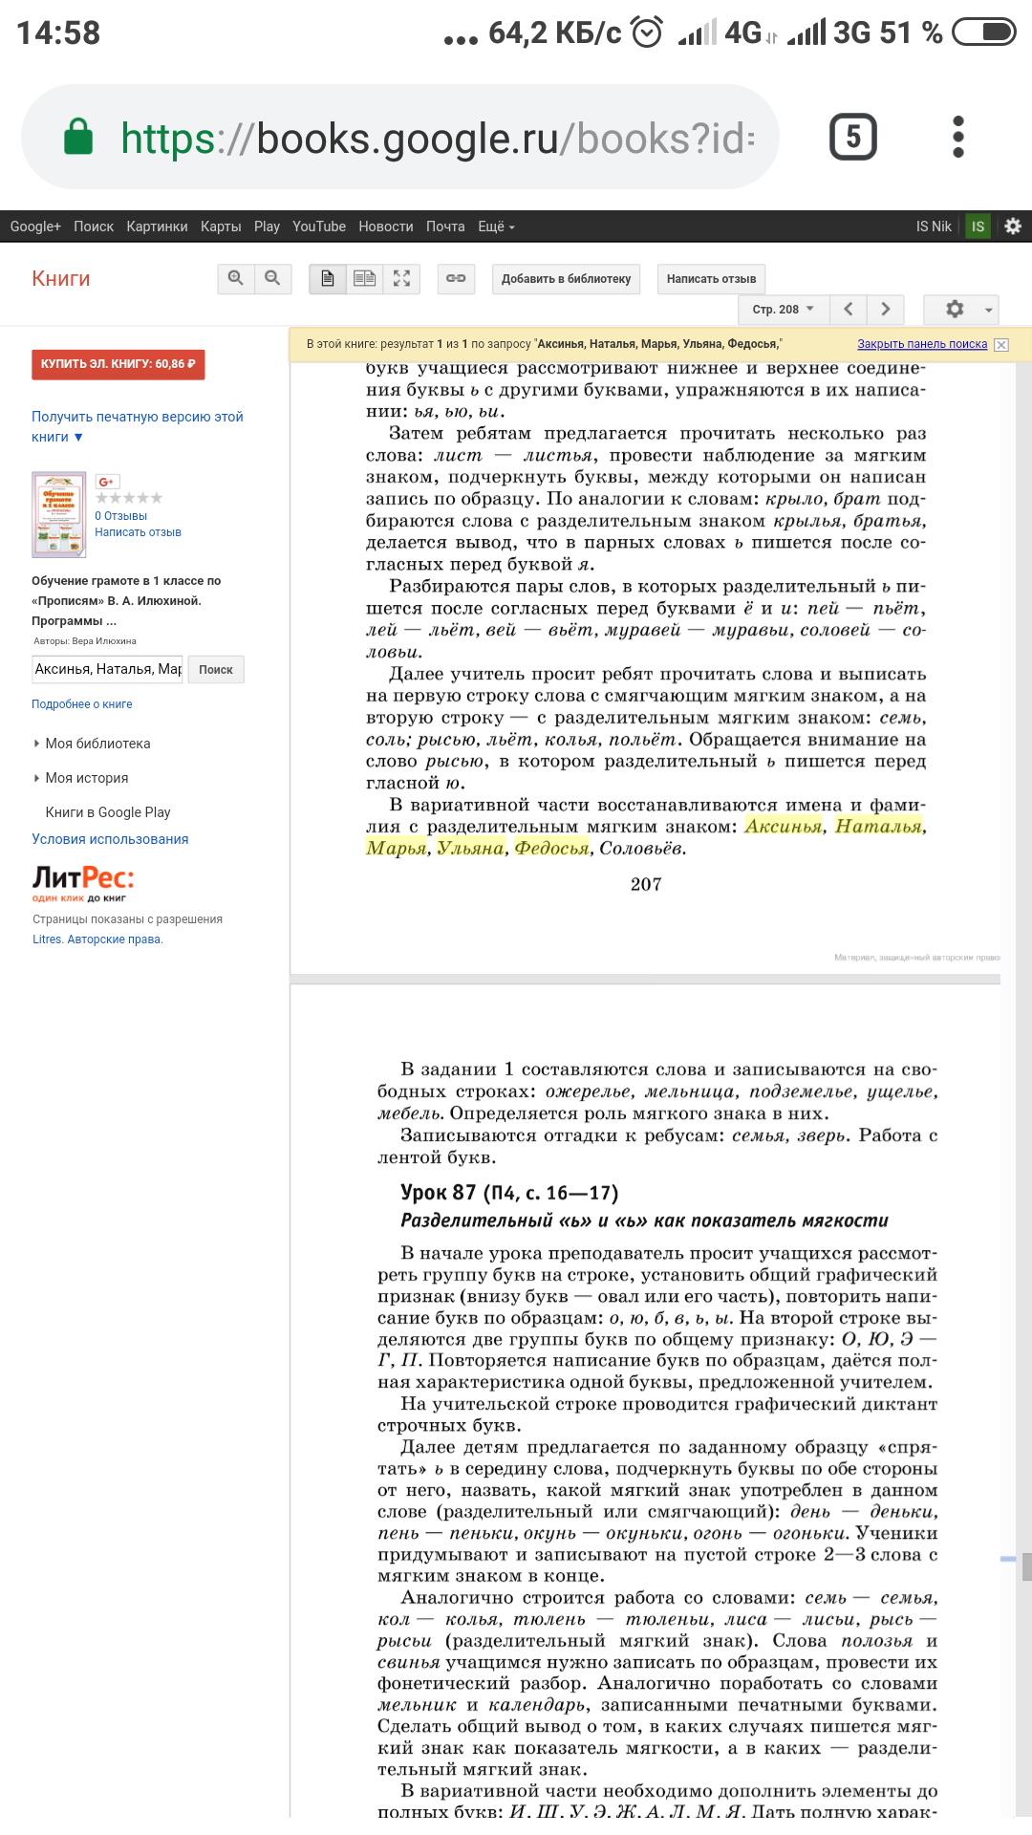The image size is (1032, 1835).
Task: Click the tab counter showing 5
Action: [x=852, y=137]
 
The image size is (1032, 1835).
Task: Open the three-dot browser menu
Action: [x=958, y=137]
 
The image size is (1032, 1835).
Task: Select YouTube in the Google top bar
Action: [x=318, y=227]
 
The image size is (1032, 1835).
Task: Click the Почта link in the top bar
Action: [x=445, y=227]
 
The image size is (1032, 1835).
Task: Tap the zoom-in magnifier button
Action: [x=235, y=278]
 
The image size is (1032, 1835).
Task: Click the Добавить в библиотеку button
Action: [x=566, y=279]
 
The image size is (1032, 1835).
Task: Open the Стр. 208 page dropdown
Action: [x=783, y=310]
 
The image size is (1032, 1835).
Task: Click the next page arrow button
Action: [x=885, y=309]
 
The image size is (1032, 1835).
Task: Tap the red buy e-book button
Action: [x=118, y=364]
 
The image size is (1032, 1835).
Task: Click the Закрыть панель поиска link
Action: [x=921, y=344]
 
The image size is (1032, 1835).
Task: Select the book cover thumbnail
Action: [x=58, y=514]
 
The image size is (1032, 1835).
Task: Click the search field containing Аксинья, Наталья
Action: [x=107, y=669]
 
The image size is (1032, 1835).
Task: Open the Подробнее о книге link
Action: [x=82, y=704]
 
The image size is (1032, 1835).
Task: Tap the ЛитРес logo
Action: [x=83, y=882]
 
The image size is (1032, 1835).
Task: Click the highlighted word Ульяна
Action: [x=470, y=848]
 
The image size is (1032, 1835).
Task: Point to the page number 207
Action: [x=646, y=885]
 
